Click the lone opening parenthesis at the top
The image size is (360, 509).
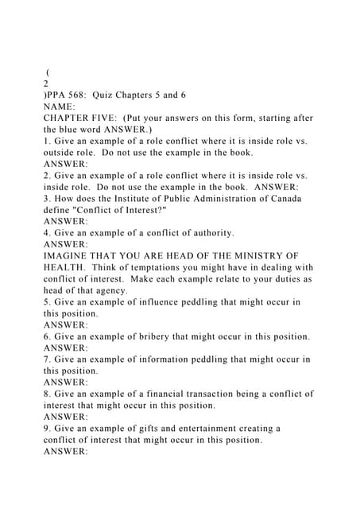click(49, 72)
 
